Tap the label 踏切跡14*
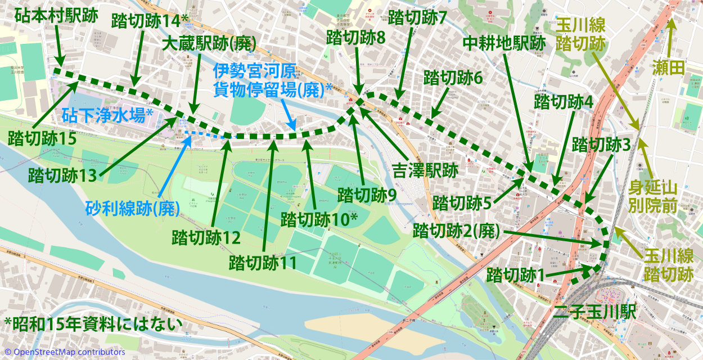point(148,21)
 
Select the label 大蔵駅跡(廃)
point(209,44)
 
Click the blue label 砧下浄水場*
point(107,116)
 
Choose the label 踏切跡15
point(42,137)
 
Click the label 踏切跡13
point(63,175)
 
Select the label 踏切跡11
point(263,262)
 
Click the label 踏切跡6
point(453,78)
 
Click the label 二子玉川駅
point(594,312)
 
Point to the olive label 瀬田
point(669,69)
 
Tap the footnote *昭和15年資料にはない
point(93,324)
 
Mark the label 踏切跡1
point(516,276)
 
